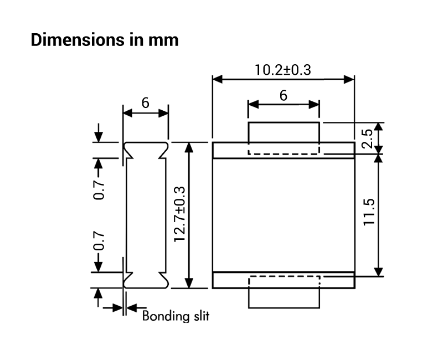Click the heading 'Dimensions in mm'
point(105,40)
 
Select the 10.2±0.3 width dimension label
point(283,70)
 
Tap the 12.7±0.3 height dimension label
point(180,214)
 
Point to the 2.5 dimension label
point(367,138)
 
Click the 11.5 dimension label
point(369,212)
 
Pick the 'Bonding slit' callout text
point(176,316)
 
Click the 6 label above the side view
point(145,103)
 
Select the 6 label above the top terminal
point(284,95)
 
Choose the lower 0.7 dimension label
point(99,241)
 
